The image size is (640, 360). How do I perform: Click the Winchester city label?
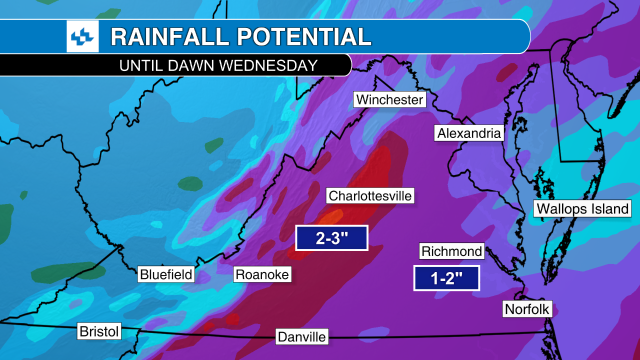[389, 99]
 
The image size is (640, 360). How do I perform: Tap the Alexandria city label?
[468, 133]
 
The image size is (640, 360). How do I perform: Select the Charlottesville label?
[370, 195]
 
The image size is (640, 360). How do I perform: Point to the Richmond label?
[452, 251]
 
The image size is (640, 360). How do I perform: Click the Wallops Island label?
[582, 208]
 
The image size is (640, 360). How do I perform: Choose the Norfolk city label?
[527, 309]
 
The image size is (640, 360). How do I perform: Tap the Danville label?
[301, 336]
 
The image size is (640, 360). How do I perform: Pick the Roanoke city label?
[262, 274]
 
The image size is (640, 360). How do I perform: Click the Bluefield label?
[166, 274]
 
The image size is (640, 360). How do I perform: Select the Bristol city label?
[99, 331]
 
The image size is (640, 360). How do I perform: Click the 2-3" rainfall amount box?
[331, 238]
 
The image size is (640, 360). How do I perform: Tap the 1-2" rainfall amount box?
[446, 278]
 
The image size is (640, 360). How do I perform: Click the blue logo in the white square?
[82, 36]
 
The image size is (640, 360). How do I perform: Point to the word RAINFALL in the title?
[170, 37]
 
